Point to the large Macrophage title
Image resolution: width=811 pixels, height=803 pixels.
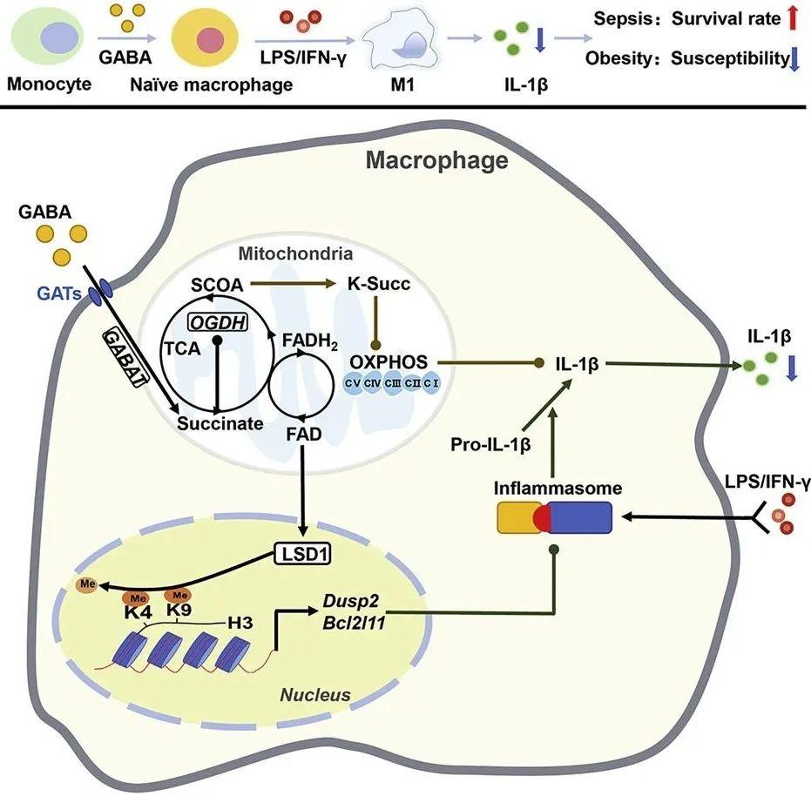[436, 160]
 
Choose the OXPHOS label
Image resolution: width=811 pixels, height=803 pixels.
[389, 360]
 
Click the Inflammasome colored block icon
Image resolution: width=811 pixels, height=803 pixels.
[554, 519]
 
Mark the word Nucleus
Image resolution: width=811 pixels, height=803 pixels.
[314, 694]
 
